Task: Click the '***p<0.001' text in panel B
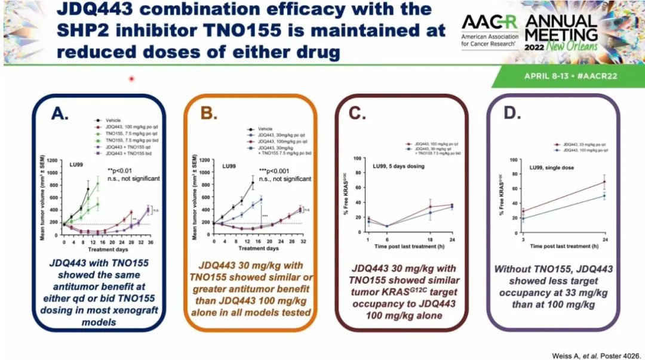pyautogui.click(x=274, y=170)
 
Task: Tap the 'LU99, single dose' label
pyautogui.click(x=551, y=168)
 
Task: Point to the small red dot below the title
pyautogui.click(x=131, y=78)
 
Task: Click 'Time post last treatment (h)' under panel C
pyautogui.click(x=410, y=246)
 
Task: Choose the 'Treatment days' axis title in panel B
pyautogui.click(x=246, y=248)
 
